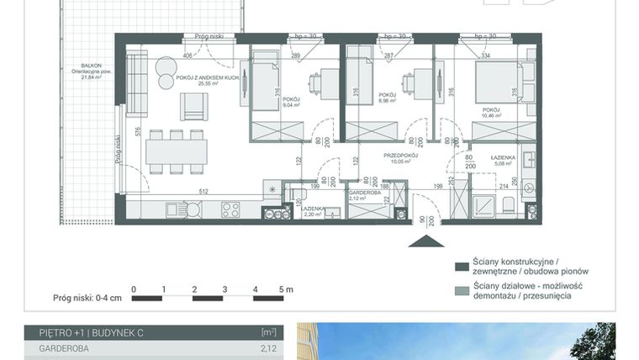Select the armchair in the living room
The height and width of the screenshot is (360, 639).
[x=194, y=104]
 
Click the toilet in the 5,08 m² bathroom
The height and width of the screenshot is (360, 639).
[x=508, y=207]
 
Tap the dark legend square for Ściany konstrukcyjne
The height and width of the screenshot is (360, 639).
[x=462, y=267]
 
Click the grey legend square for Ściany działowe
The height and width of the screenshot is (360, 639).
[x=462, y=290]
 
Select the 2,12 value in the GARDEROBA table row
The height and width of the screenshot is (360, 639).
[x=268, y=347]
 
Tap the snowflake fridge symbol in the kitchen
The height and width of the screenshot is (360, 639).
[x=272, y=189]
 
